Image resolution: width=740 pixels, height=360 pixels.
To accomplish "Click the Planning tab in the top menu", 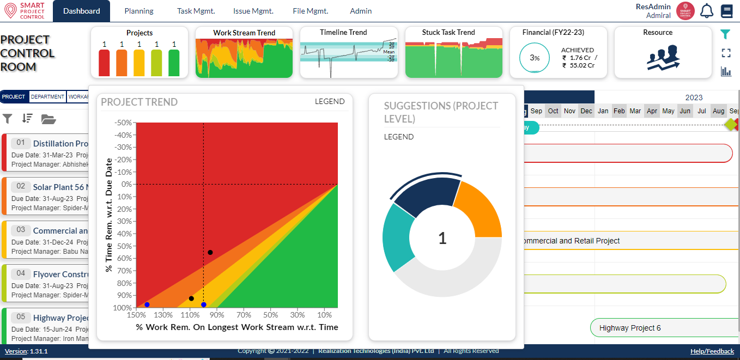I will pos(139,11).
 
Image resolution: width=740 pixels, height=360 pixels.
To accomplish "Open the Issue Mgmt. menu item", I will pos(253,11).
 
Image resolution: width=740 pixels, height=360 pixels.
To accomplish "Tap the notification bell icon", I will pos(707,11).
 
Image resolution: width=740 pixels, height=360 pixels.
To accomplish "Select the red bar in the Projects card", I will pos(104,63).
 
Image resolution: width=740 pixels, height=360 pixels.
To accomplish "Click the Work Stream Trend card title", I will pos(244,33).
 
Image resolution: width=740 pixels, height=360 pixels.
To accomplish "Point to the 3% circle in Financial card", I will pos(535,58).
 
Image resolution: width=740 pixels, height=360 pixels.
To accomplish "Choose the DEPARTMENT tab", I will pos(47,97).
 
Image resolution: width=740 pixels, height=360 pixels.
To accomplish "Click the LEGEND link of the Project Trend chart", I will pos(330,101).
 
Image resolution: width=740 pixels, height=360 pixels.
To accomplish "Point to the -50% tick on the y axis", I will pos(123,123).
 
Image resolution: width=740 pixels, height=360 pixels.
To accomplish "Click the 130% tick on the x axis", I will pos(163,315).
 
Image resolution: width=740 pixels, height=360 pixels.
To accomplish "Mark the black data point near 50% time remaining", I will pos(210,252).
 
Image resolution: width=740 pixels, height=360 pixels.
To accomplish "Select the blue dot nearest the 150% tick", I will pos(147,304).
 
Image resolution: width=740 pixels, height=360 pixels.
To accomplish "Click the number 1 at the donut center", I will pos(442,238).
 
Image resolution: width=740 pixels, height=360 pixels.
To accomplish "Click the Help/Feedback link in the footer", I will pos(712,351).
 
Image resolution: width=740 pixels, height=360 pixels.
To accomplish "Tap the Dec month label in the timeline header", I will pos(586,111).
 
